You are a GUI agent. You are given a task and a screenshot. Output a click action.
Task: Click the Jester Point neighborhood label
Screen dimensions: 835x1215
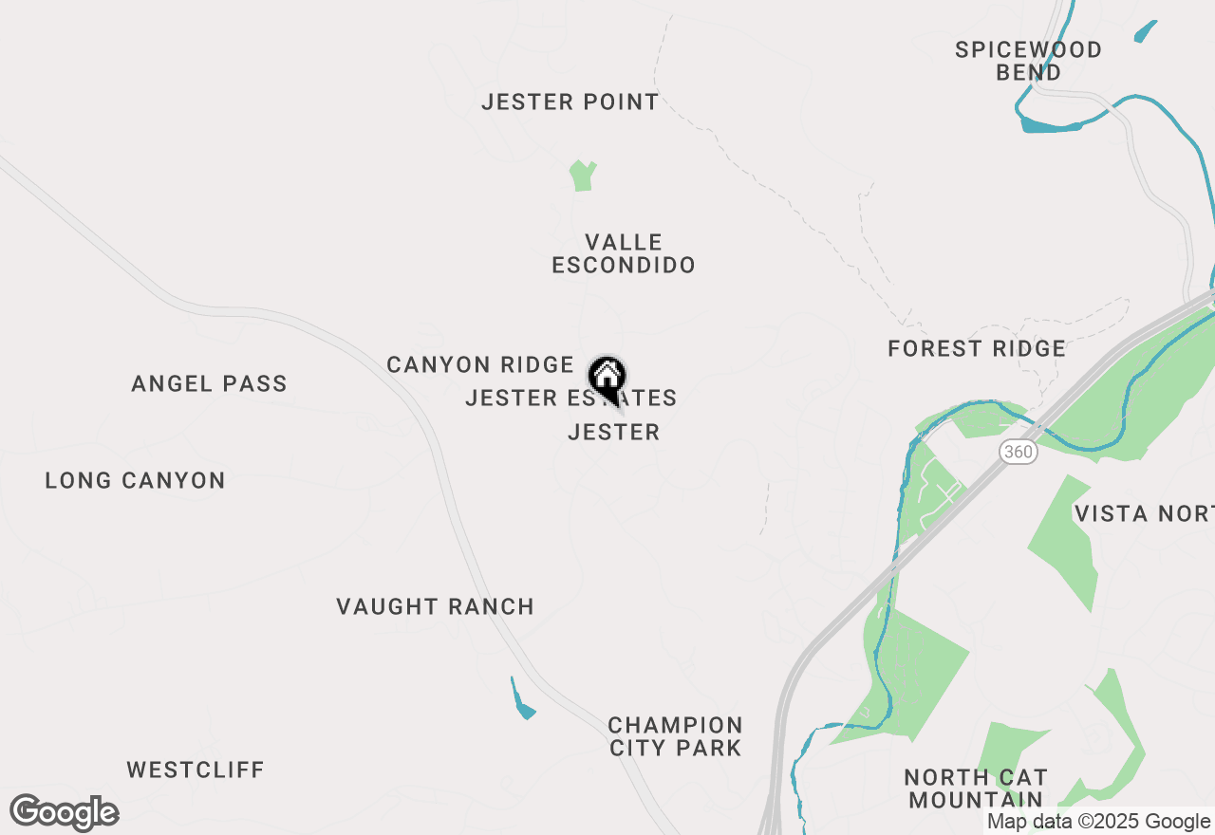click(570, 102)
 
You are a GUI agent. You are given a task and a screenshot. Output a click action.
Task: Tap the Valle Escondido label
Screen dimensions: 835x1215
click(624, 253)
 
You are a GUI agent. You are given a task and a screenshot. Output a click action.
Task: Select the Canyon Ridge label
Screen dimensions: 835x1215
click(480, 364)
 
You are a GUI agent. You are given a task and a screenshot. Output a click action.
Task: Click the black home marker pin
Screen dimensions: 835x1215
click(607, 377)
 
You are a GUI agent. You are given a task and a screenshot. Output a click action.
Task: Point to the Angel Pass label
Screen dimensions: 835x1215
click(209, 384)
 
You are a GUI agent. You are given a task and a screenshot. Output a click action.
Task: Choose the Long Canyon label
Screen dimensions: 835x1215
click(135, 480)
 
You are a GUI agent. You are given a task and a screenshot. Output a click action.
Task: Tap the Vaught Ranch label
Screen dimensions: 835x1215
click(435, 606)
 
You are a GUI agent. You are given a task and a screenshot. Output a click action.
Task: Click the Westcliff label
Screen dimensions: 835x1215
click(196, 770)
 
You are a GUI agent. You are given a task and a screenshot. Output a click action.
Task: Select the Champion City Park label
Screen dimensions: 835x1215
click(675, 736)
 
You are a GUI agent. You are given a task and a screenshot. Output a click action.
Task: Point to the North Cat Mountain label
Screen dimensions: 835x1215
click(976, 789)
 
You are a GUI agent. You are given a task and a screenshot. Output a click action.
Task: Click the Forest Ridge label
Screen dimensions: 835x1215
click(977, 349)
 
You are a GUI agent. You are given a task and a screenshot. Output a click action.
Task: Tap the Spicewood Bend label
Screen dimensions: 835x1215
click(1029, 61)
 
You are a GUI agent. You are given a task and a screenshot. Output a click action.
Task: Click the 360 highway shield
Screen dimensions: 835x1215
click(1018, 452)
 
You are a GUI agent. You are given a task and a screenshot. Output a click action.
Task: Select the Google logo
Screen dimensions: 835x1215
click(64, 813)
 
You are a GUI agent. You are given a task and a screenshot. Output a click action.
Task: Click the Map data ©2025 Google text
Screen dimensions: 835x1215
click(1098, 822)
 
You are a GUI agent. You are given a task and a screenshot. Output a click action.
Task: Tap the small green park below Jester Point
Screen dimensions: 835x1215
click(582, 176)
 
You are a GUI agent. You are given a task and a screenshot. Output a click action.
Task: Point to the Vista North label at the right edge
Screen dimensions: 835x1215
click(1144, 514)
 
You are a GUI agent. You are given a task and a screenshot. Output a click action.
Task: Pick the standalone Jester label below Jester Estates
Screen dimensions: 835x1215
click(613, 433)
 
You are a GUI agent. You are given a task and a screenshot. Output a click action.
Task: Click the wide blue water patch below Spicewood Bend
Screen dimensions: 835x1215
click(1049, 124)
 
